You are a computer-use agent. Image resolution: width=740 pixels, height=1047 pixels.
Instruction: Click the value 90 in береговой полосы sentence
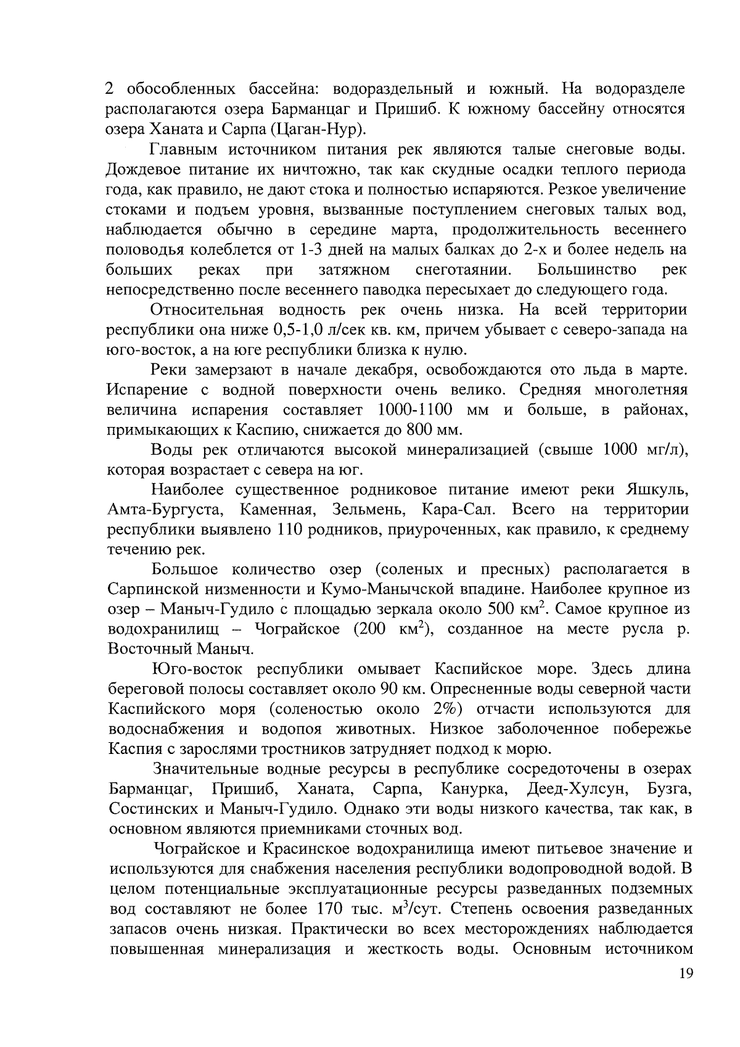click(x=393, y=689)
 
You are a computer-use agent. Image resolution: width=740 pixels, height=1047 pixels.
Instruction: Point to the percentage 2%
click(x=447, y=709)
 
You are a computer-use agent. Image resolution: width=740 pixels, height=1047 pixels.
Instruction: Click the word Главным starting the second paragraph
click(x=183, y=150)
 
